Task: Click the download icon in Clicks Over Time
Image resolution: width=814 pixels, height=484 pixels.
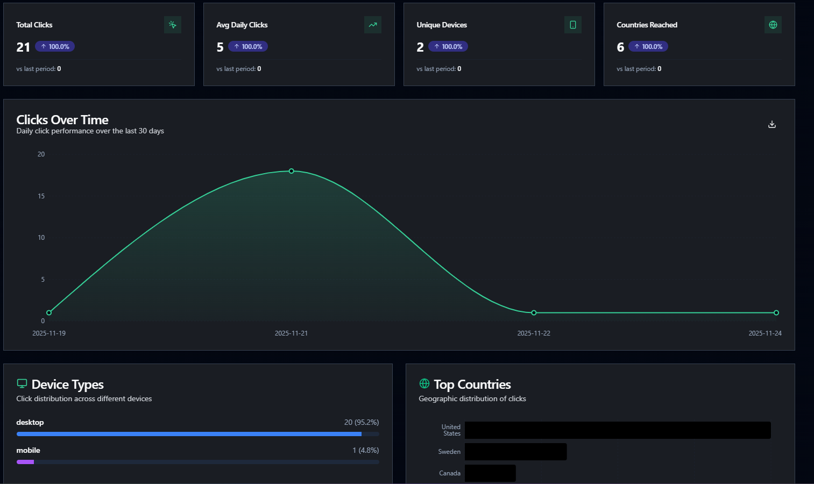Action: click(772, 124)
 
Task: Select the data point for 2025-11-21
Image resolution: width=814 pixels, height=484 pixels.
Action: click(292, 171)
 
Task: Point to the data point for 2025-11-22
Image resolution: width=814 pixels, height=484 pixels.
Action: click(534, 312)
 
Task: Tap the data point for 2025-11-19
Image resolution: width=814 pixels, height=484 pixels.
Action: click(49, 312)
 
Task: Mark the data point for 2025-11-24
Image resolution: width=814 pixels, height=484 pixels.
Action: click(776, 312)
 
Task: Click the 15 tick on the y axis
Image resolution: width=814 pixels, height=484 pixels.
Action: click(41, 196)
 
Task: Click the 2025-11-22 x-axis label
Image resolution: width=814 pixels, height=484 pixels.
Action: click(534, 333)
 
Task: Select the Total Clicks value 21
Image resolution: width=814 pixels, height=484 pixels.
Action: click(23, 47)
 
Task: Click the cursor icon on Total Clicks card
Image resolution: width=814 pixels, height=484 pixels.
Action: click(173, 25)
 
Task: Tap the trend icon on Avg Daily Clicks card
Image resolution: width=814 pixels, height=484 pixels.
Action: click(373, 25)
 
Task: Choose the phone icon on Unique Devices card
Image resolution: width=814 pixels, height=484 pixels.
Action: click(573, 25)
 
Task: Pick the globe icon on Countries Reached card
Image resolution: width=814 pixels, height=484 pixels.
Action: click(773, 25)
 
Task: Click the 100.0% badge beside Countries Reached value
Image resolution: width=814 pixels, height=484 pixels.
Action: click(648, 47)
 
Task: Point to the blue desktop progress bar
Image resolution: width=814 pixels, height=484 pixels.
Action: click(189, 434)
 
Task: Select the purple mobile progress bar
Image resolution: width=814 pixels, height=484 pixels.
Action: click(25, 462)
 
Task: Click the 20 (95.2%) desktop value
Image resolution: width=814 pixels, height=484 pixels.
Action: click(362, 422)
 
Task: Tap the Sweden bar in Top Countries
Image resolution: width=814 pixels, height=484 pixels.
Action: click(515, 452)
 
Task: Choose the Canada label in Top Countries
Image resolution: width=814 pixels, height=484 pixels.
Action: click(450, 473)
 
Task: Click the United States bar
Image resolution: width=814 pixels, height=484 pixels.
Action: click(618, 430)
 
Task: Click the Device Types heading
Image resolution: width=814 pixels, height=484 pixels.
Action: click(68, 385)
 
